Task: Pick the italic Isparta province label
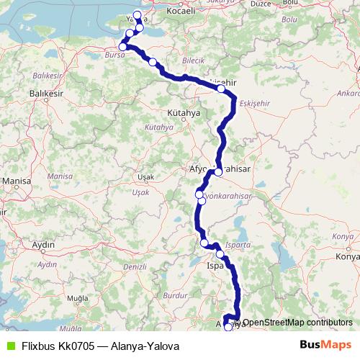click(x=238, y=246)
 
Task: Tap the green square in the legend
click(x=9, y=346)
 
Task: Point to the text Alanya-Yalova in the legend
click(x=145, y=346)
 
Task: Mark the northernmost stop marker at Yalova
click(x=138, y=14)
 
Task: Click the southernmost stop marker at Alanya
click(x=229, y=327)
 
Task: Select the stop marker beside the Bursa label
click(x=123, y=47)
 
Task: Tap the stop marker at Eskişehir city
click(x=221, y=90)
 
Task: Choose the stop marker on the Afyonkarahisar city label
click(x=218, y=172)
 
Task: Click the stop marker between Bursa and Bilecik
click(x=153, y=63)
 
